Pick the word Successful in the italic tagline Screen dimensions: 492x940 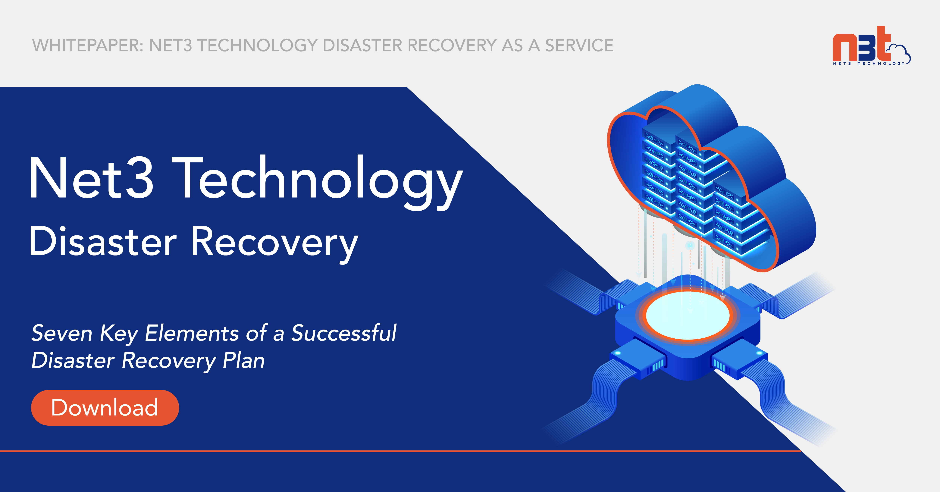coord(343,333)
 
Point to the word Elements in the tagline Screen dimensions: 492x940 coord(192,333)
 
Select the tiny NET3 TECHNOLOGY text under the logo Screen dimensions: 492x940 coord(869,64)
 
